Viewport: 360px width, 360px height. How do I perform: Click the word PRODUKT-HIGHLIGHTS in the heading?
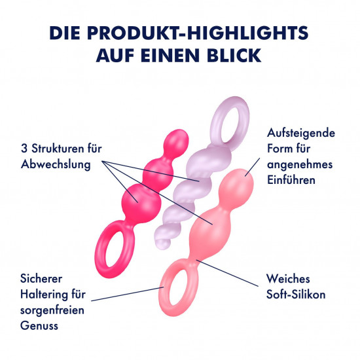(x=198, y=33)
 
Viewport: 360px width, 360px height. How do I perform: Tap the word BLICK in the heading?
(x=234, y=56)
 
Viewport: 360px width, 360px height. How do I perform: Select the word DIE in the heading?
(x=65, y=33)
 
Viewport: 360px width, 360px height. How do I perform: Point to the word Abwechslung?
(x=56, y=164)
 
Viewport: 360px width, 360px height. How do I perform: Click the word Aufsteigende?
(x=301, y=133)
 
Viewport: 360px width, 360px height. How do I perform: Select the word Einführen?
(x=291, y=180)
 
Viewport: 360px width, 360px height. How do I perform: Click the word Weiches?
(x=288, y=279)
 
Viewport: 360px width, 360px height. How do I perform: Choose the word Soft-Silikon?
(x=296, y=295)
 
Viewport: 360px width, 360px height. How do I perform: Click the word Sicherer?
(x=41, y=279)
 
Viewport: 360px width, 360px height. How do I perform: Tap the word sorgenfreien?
(x=52, y=310)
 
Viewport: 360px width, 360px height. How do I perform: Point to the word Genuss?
(x=39, y=325)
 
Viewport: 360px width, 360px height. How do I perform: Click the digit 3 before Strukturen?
(x=24, y=149)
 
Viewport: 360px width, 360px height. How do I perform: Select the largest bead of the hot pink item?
(x=141, y=203)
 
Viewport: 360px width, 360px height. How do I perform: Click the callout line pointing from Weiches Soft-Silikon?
(x=227, y=273)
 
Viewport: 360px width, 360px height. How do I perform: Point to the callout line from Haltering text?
(x=128, y=294)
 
